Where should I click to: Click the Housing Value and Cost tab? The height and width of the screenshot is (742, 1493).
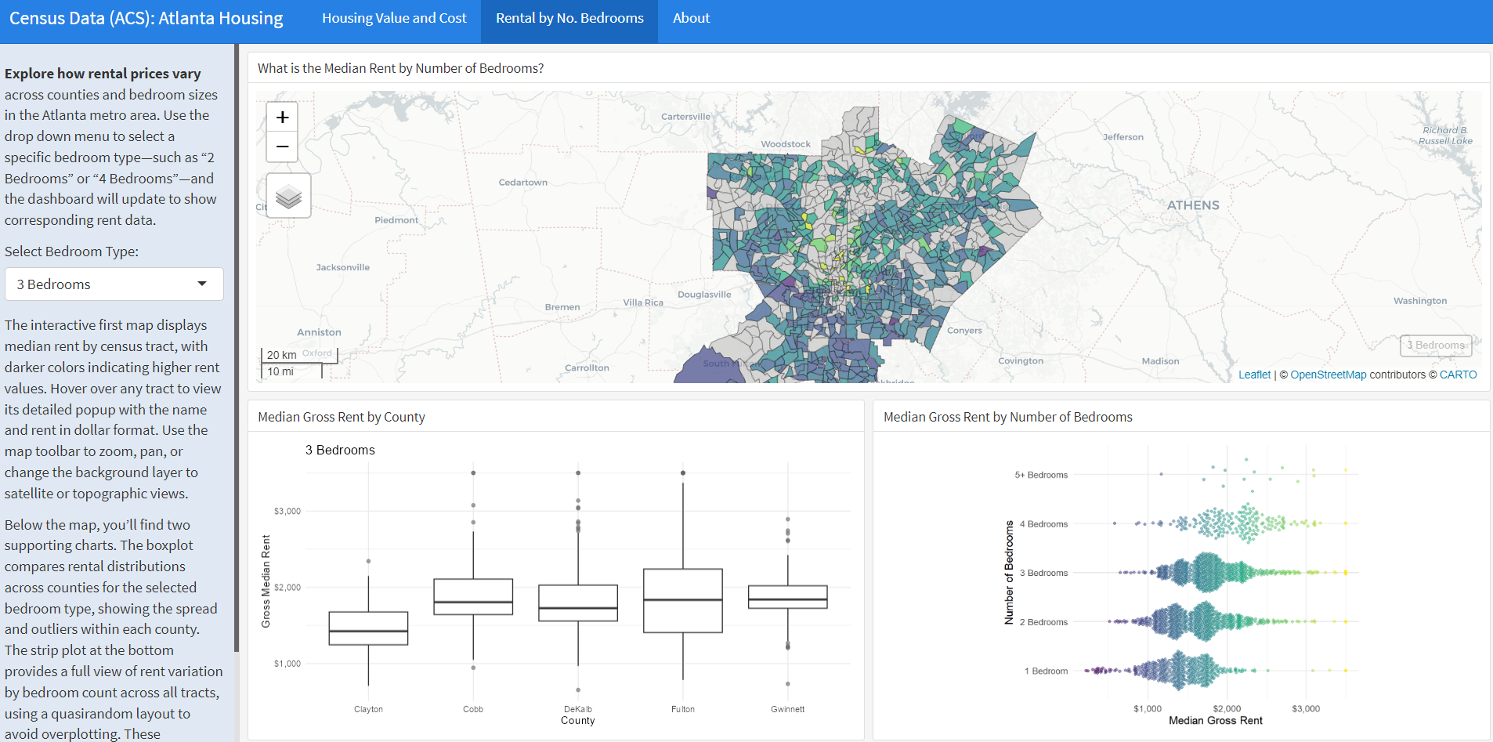pyautogui.click(x=394, y=18)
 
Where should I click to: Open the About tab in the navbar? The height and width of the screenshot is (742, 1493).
pyautogui.click(x=691, y=18)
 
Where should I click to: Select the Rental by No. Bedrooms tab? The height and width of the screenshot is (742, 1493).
pyautogui.click(x=569, y=18)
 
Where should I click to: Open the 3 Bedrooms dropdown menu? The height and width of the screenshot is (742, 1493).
pyautogui.click(x=114, y=284)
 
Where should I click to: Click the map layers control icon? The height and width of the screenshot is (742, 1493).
pyautogui.click(x=288, y=196)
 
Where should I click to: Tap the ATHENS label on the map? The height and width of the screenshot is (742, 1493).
pyautogui.click(x=1193, y=205)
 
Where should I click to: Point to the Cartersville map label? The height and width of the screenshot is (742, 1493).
pyautogui.click(x=685, y=117)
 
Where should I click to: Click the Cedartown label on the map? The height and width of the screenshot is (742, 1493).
pyautogui.click(x=522, y=183)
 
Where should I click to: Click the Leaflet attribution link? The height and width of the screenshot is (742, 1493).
pyautogui.click(x=1254, y=375)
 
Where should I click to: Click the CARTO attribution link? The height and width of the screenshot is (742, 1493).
pyautogui.click(x=1458, y=375)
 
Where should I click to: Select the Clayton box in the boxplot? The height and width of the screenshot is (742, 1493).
pyautogui.click(x=368, y=628)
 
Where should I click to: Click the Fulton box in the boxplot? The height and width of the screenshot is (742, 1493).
pyautogui.click(x=682, y=601)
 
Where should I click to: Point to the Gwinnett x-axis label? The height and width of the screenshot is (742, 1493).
pyautogui.click(x=787, y=709)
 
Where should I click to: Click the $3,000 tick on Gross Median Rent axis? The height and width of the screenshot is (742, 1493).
pyautogui.click(x=287, y=511)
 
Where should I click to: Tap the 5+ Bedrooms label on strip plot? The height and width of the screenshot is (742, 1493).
pyautogui.click(x=1041, y=475)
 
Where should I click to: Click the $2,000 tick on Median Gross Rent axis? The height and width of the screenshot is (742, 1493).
pyautogui.click(x=1227, y=708)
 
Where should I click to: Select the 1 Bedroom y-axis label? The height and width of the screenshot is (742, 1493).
pyautogui.click(x=1046, y=671)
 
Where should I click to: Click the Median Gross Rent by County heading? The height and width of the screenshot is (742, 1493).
pyautogui.click(x=342, y=417)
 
